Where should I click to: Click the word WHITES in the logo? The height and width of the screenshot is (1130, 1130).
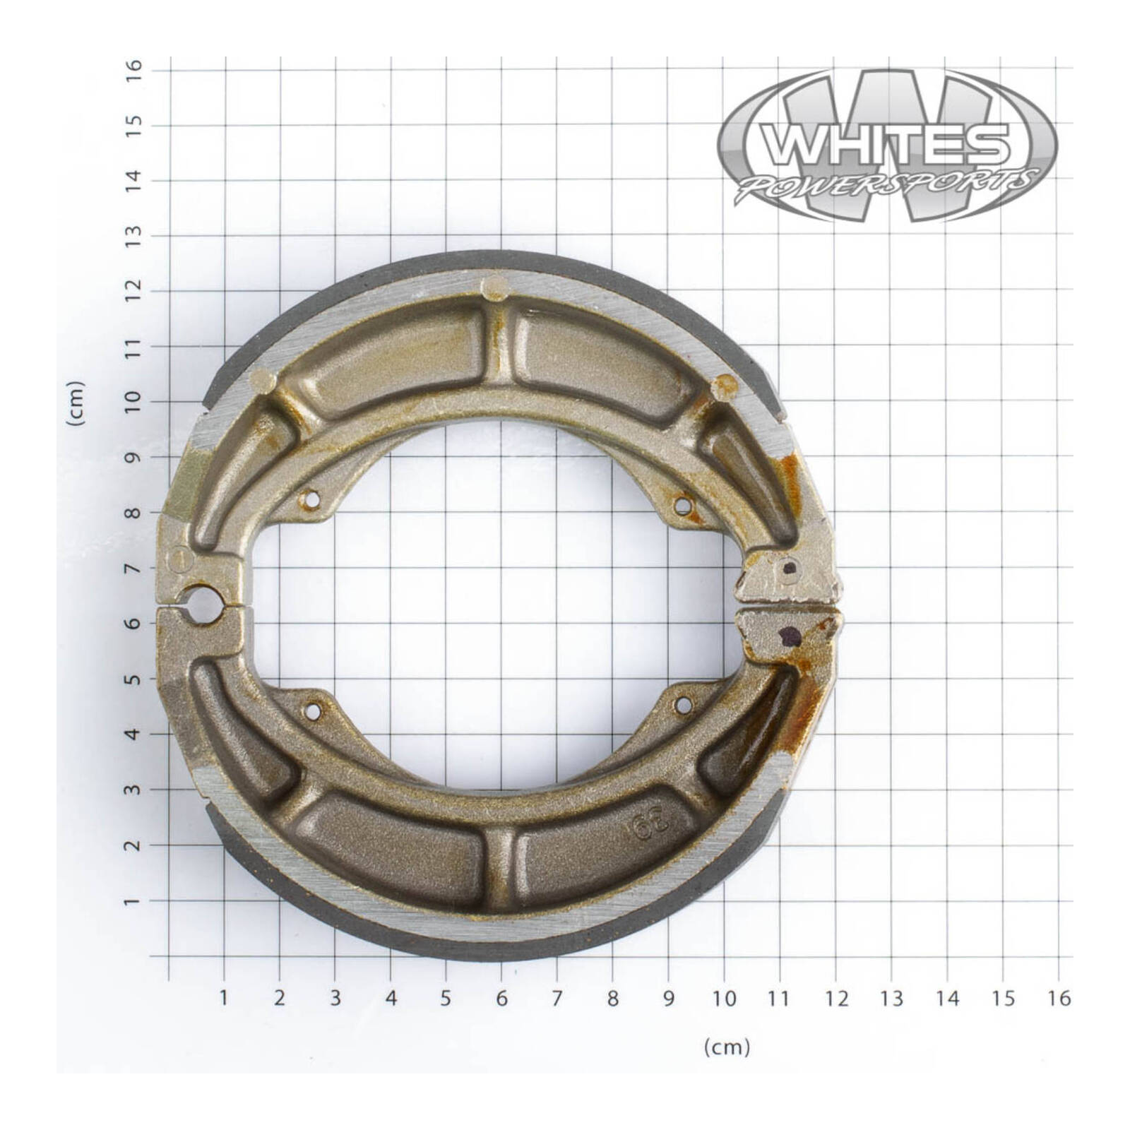(x=888, y=145)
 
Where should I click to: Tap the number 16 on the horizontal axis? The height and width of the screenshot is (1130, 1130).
(x=1059, y=998)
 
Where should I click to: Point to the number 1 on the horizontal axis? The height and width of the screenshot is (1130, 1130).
(x=224, y=998)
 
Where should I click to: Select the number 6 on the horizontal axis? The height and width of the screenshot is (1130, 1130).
(x=501, y=998)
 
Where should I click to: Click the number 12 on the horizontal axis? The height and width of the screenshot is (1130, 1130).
(x=835, y=998)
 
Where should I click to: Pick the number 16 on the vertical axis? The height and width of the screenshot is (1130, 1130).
(x=134, y=68)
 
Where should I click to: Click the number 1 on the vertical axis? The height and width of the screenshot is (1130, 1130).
(x=134, y=902)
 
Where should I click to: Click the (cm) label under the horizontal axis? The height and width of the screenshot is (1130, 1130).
(x=727, y=1047)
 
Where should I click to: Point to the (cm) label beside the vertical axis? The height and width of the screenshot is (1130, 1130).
(x=76, y=403)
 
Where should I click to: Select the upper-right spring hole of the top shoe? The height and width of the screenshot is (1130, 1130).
(x=683, y=505)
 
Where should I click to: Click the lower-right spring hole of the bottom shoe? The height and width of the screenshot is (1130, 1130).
(x=683, y=704)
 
